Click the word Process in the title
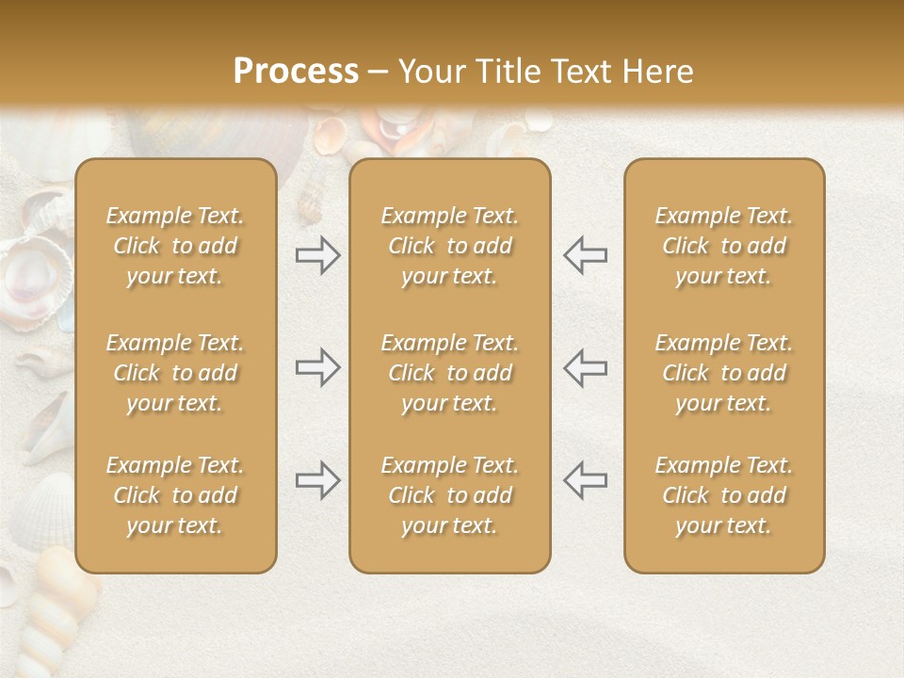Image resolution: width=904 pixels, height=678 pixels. pyautogui.click(x=296, y=72)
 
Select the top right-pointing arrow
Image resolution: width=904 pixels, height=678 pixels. pyautogui.click(x=317, y=255)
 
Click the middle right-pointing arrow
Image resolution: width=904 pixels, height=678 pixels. pyautogui.click(x=317, y=367)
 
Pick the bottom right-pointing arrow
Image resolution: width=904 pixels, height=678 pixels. pyautogui.click(x=317, y=480)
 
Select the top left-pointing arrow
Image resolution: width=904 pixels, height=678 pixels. pyautogui.click(x=585, y=255)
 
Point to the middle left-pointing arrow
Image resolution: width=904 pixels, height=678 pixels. pyautogui.click(x=585, y=367)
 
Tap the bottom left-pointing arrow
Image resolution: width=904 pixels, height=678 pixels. pyautogui.click(x=585, y=480)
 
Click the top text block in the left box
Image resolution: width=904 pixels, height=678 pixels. pyautogui.click(x=175, y=246)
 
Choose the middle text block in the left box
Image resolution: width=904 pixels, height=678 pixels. pyautogui.click(x=175, y=373)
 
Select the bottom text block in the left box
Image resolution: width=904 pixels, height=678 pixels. pyautogui.click(x=175, y=495)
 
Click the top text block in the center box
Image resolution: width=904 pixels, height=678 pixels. pyautogui.click(x=449, y=246)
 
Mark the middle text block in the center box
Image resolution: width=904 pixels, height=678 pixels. pyautogui.click(x=449, y=373)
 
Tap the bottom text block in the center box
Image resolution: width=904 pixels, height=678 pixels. pyautogui.click(x=449, y=495)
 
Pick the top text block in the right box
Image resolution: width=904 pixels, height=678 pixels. pyautogui.click(x=723, y=246)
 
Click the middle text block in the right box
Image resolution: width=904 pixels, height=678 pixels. pyautogui.click(x=723, y=373)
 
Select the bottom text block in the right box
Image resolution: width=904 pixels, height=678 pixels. pyautogui.click(x=723, y=495)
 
